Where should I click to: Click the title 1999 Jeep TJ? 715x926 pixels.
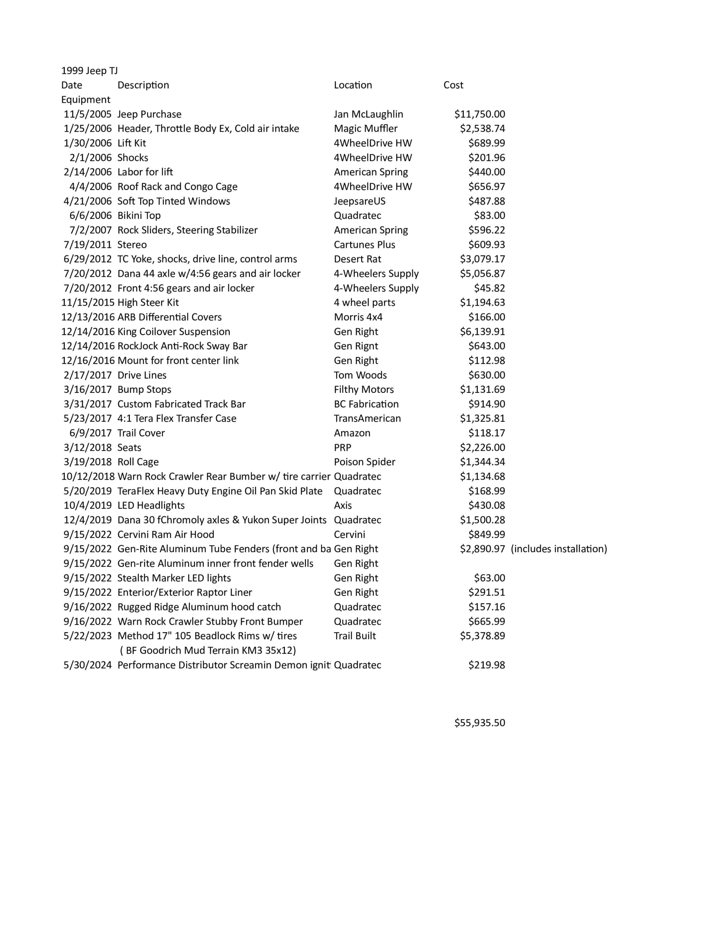point(89,71)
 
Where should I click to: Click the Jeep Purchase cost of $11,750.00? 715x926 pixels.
point(479,114)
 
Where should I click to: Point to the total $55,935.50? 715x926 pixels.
point(479,722)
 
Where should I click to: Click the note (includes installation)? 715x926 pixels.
point(558,549)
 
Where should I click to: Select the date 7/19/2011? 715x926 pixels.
point(87,245)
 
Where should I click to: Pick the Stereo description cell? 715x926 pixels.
point(132,245)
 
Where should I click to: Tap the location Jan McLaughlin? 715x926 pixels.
point(368,114)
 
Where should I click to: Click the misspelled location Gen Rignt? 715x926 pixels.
point(356,346)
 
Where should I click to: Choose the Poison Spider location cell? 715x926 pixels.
point(364,462)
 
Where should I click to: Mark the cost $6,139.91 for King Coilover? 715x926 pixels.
point(482,332)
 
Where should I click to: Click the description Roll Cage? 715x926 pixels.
point(138,462)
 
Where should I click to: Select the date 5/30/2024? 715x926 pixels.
point(87,665)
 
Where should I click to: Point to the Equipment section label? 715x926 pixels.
point(86,99)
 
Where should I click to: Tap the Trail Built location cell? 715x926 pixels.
point(355,636)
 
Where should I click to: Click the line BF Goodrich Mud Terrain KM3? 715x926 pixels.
point(208,650)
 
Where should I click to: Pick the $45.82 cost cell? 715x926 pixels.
point(489,288)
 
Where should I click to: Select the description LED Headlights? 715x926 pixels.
point(151,505)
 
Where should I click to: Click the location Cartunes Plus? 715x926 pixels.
point(364,245)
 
